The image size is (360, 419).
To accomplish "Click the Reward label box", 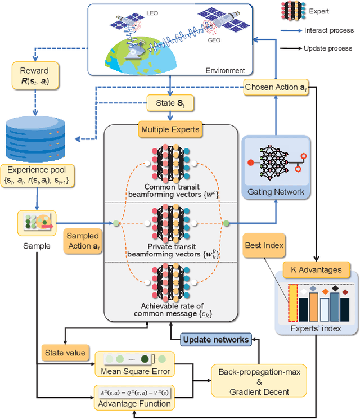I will tap(35, 76).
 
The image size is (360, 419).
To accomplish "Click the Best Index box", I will tap(264, 246).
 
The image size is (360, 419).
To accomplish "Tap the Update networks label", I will tap(215, 339).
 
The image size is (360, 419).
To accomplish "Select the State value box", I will tap(65, 353).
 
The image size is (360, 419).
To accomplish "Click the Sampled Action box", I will tap(83, 241).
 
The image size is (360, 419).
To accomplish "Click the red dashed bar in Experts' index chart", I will tap(293, 302).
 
